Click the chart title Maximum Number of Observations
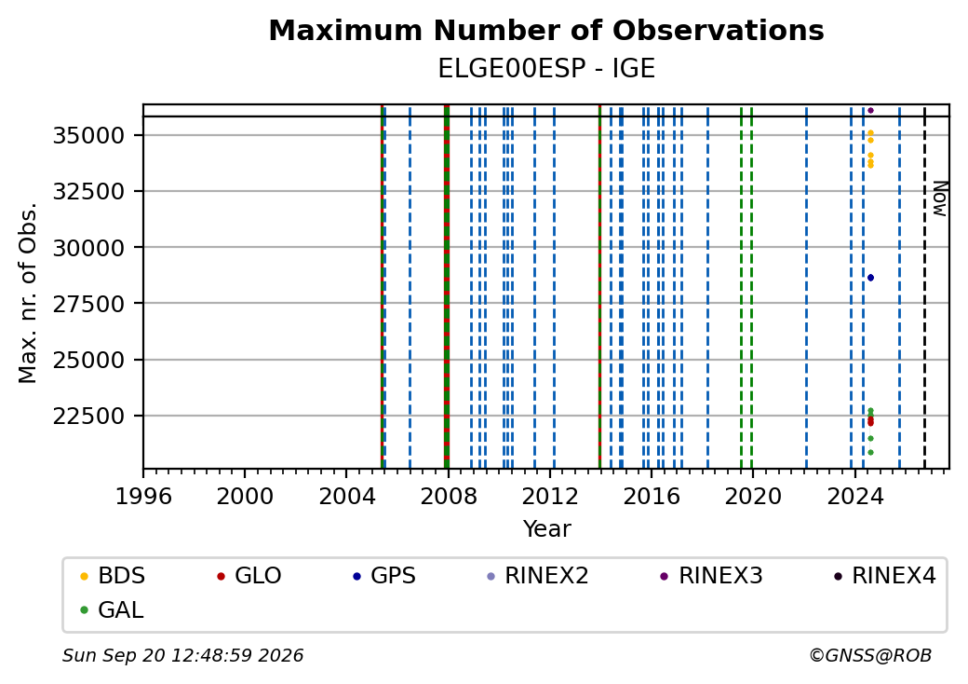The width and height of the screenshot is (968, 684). coord(546,30)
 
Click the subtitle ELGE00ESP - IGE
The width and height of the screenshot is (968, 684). coord(546,69)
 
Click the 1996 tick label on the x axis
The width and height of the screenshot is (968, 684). coord(143,496)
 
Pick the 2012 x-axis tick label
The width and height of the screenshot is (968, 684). coord(549,496)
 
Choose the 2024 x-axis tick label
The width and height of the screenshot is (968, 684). coord(854,496)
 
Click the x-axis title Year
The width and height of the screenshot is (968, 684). coord(547,529)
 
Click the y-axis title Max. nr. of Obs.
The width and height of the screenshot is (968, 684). coord(28,293)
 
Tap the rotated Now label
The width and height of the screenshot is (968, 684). coord(939,198)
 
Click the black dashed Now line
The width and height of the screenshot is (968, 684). coord(924,287)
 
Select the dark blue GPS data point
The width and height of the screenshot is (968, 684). coord(870,278)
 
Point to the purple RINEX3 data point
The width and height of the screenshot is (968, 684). coord(870,111)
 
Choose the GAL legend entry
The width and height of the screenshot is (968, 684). coord(112,609)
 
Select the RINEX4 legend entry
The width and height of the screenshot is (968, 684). coord(884,576)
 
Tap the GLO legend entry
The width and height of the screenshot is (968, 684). coord(249,576)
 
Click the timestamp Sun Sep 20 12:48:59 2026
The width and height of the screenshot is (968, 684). coord(182,655)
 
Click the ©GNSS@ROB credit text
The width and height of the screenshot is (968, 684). coord(870,655)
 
